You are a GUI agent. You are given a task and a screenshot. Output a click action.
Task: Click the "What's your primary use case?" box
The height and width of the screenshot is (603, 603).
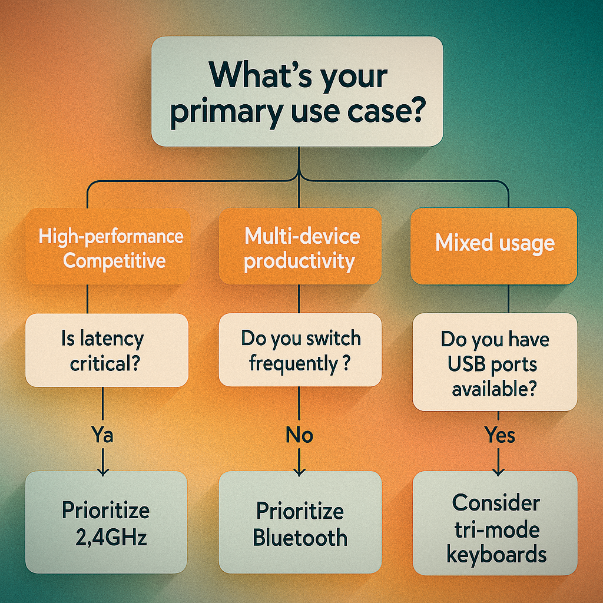[x=297, y=91]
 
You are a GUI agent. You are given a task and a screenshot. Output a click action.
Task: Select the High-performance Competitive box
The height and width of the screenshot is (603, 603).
[x=108, y=246]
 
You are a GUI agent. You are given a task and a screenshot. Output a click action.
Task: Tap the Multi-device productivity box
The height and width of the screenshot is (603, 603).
[x=300, y=246]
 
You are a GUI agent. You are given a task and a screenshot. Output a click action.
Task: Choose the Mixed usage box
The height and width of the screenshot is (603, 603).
[x=494, y=246]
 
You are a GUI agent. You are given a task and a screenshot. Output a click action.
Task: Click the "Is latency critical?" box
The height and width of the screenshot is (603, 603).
[x=107, y=350]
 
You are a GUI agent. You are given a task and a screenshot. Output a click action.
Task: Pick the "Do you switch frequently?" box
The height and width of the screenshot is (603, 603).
[x=300, y=350]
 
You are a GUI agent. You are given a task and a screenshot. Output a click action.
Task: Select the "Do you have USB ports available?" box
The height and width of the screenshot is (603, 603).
[x=495, y=362]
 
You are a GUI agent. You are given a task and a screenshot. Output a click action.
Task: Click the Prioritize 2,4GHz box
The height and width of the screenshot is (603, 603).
[x=106, y=522]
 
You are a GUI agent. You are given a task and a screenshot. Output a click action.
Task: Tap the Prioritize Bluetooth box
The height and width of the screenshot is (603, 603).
[x=300, y=522]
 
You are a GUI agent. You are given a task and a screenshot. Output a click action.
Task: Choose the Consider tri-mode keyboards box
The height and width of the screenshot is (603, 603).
[x=495, y=523]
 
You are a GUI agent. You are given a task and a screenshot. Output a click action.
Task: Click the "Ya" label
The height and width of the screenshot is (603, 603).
[x=102, y=435]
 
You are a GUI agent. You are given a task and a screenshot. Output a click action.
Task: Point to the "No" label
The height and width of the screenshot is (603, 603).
[x=299, y=435]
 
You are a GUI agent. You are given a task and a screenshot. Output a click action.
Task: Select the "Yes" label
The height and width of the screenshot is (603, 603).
[x=499, y=435]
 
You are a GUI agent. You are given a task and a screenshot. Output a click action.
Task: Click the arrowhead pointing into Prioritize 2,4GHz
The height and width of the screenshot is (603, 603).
[x=102, y=471]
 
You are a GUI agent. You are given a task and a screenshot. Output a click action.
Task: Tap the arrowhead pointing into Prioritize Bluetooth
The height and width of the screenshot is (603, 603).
[x=299, y=471]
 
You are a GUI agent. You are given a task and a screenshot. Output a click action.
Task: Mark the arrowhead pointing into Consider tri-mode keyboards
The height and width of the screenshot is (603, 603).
[x=498, y=471]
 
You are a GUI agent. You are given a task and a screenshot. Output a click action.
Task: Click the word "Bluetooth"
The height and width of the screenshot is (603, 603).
[x=300, y=537]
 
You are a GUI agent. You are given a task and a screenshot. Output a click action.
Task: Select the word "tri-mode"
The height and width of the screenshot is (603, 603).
[x=497, y=530]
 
